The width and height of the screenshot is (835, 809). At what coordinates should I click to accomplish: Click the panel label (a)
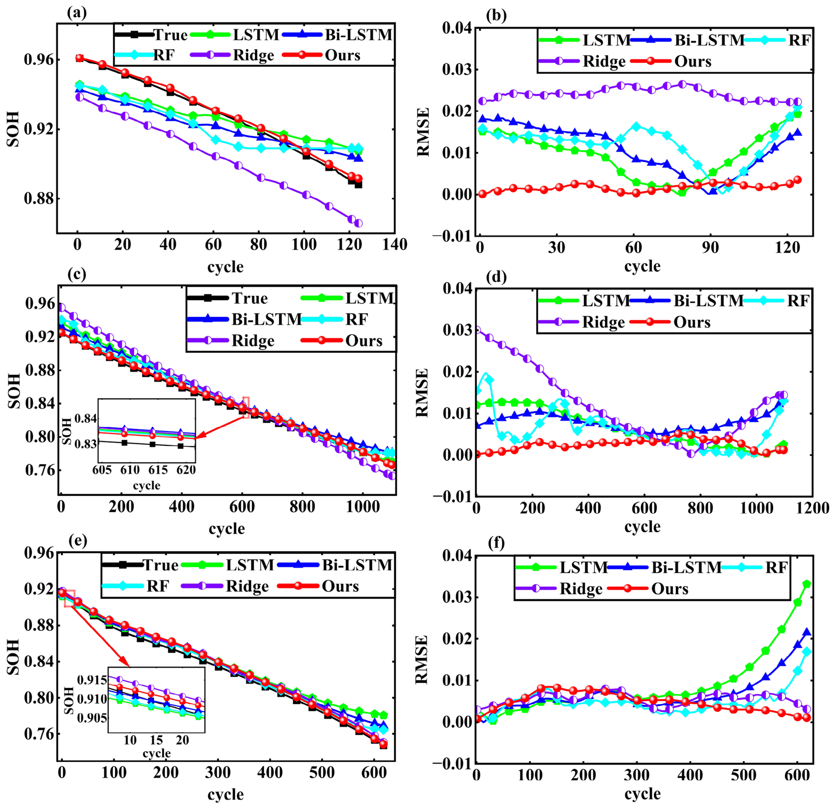click(x=77, y=13)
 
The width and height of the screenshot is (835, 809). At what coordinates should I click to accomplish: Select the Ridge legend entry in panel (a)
click(x=232, y=55)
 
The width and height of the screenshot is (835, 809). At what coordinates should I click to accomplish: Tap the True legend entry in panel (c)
click(x=228, y=298)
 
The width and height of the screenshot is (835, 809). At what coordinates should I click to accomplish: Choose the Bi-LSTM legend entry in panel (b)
click(x=688, y=40)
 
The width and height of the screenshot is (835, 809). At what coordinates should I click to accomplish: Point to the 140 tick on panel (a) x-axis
click(x=395, y=245)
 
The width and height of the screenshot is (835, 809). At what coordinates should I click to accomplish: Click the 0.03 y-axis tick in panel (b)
click(x=457, y=70)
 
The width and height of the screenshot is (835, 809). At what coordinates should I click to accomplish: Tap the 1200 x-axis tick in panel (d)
click(x=812, y=508)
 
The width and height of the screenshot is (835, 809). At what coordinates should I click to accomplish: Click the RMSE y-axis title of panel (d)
click(x=422, y=393)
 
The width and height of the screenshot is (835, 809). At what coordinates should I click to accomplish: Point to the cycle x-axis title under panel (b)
click(x=642, y=266)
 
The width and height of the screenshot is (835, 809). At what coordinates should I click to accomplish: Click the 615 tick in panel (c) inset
click(x=158, y=470)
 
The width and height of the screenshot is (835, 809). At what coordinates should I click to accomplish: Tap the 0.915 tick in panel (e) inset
click(x=93, y=680)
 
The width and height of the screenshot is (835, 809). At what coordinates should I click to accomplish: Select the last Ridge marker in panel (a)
click(x=358, y=223)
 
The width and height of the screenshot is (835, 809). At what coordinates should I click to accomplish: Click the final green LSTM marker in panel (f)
click(x=807, y=584)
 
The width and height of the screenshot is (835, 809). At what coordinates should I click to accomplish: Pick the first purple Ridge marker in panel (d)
click(x=477, y=329)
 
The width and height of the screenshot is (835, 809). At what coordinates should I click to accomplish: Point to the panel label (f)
click(x=497, y=543)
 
